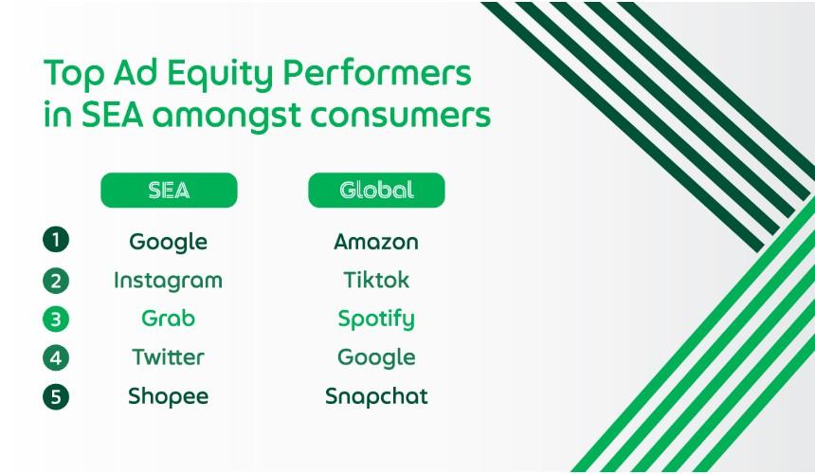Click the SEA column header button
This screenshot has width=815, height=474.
tap(169, 191)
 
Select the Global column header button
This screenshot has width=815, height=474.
tap(376, 191)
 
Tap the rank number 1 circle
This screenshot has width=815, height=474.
tap(56, 240)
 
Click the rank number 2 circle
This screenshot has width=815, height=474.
tap(56, 281)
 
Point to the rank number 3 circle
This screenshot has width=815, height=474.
tap(56, 319)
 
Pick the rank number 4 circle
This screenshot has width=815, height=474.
tap(56, 357)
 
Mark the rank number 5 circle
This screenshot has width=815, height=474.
tap(56, 396)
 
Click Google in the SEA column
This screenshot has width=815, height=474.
tap(169, 243)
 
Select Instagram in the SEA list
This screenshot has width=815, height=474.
tap(169, 282)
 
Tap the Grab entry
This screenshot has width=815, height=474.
tap(169, 319)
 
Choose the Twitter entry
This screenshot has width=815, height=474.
tap(169, 357)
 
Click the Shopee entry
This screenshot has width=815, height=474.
tap(169, 397)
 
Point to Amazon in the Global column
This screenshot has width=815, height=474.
tap(376, 242)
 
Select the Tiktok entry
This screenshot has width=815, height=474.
tap(376, 281)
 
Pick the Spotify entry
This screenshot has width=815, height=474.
tap(376, 319)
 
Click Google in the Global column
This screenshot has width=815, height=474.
tap(376, 358)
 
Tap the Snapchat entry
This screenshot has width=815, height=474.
tap(376, 397)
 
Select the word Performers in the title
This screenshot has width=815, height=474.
tap(377, 72)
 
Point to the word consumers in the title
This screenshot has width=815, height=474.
tap(401, 116)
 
